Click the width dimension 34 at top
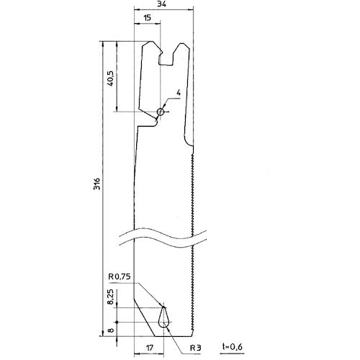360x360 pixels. (163, 4)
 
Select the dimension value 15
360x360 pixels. (147, 19)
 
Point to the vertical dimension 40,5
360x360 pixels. (110, 77)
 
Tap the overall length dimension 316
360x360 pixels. (96, 184)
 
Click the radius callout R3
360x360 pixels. (194, 347)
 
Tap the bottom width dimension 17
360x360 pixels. (148, 346)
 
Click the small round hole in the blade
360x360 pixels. (161, 112)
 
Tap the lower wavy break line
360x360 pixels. (166, 242)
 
